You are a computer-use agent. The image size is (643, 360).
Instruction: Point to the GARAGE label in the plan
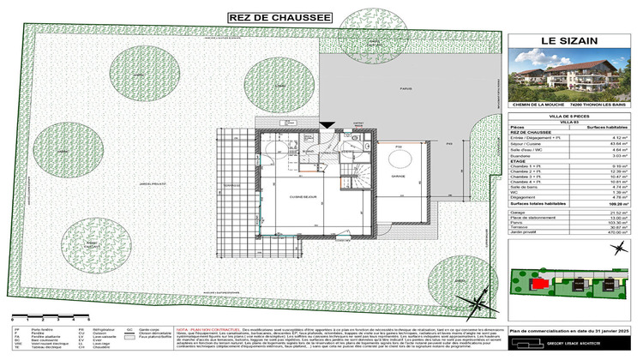pyautogui.click(x=397, y=175)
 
